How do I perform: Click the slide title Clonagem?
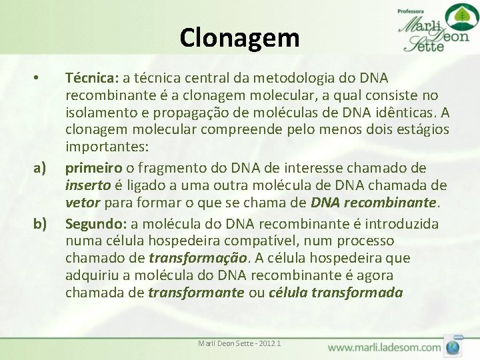pyautogui.click(x=239, y=37)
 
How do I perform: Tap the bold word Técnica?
pyautogui.click(x=89, y=79)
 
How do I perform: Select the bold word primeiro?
pyautogui.click(x=92, y=167)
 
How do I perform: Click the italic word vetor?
pyautogui.click(x=82, y=203)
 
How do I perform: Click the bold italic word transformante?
pyautogui.click(x=196, y=293)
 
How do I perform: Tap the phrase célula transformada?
pyautogui.click(x=335, y=293)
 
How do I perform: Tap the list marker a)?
pyautogui.click(x=39, y=167)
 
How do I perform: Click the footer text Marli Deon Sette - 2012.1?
pyautogui.click(x=239, y=343)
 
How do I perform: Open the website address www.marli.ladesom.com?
pyautogui.click(x=384, y=347)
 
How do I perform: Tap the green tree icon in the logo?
pyautogui.click(x=457, y=16)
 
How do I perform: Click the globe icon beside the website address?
pyautogui.click(x=453, y=347)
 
